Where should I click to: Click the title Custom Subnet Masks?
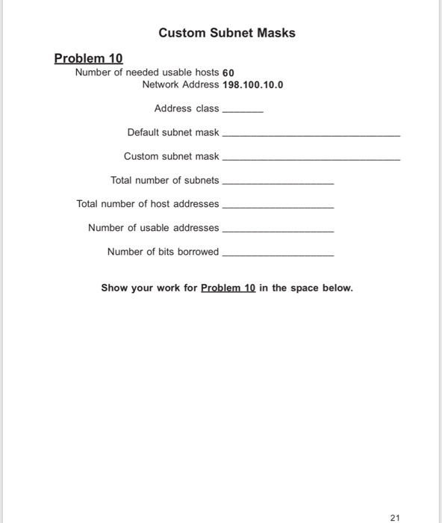pyautogui.click(x=227, y=33)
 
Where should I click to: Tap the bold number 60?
pyautogui.click(x=228, y=72)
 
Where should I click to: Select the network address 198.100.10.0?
pyautogui.click(x=253, y=84)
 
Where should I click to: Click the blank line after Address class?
pyautogui.click(x=243, y=111)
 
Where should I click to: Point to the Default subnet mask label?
pyautogui.click(x=173, y=132)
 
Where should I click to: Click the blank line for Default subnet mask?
pyautogui.click(x=311, y=135)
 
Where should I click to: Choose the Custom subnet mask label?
pyautogui.click(x=172, y=156)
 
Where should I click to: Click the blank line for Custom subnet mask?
pyautogui.click(x=311, y=159)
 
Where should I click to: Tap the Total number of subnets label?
pyautogui.click(x=165, y=180)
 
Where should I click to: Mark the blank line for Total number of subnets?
pyautogui.click(x=278, y=183)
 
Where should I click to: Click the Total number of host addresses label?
pyautogui.click(x=148, y=204)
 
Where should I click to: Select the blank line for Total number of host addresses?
pyautogui.click(x=278, y=207)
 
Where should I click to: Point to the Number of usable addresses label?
pyautogui.click(x=154, y=228)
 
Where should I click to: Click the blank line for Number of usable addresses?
pyautogui.click(x=278, y=231)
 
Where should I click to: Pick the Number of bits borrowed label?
pyautogui.click(x=164, y=252)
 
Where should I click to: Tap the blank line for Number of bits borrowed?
pyautogui.click(x=278, y=255)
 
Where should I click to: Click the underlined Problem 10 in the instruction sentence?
pyautogui.click(x=228, y=288)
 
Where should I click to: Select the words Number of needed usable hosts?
pyautogui.click(x=147, y=72)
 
